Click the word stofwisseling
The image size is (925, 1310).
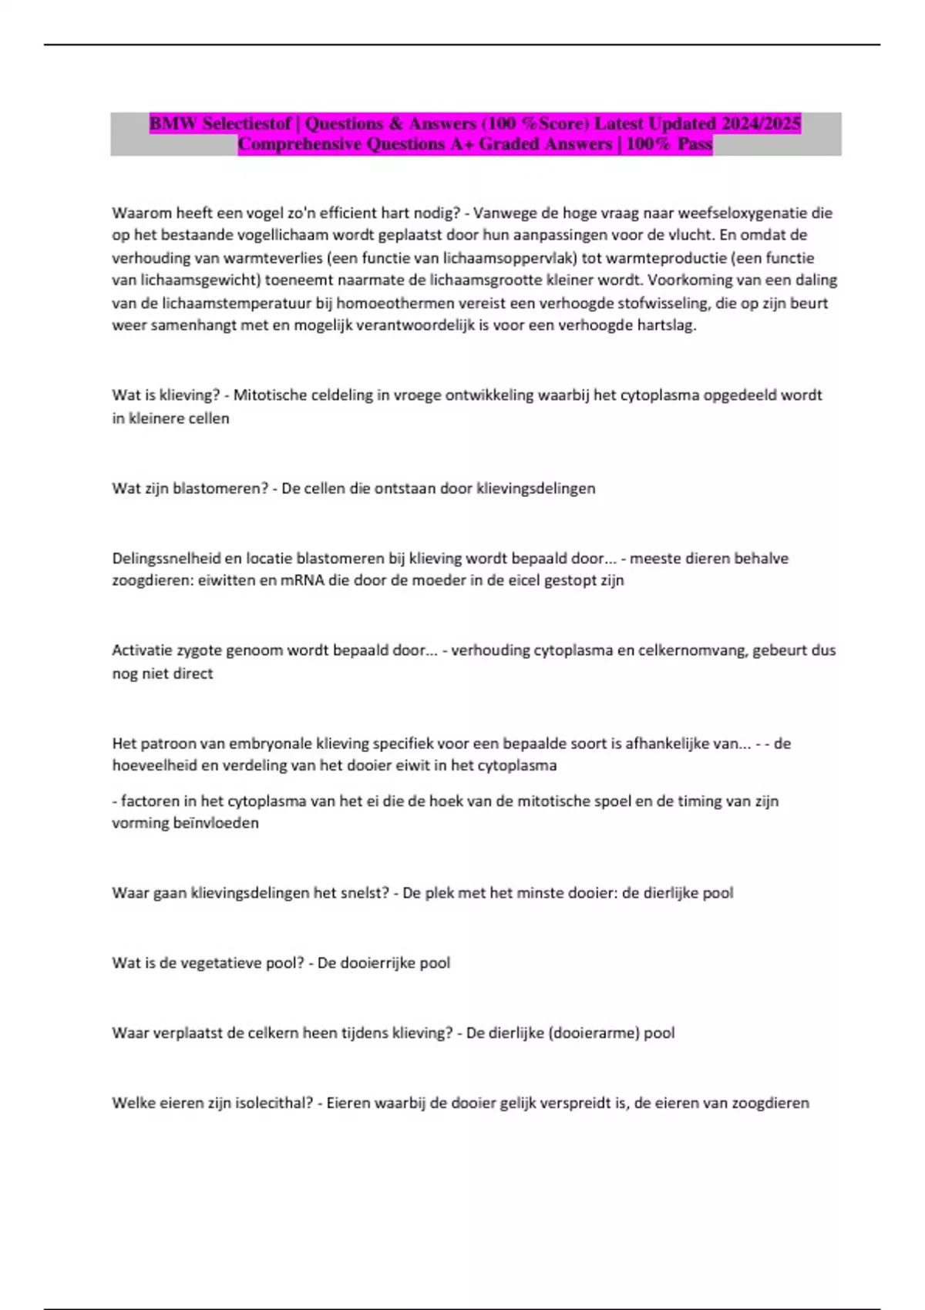click(661, 303)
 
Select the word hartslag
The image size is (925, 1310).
click(667, 325)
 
